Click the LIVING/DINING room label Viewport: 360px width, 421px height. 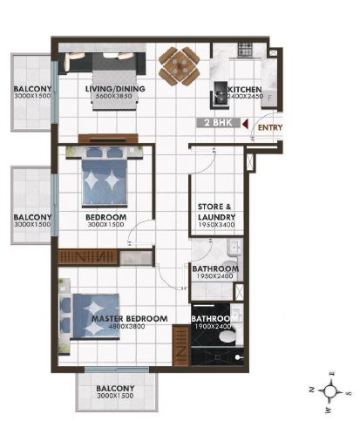click(x=114, y=88)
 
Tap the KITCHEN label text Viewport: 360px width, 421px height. click(x=243, y=89)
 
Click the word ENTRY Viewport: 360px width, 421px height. click(x=271, y=128)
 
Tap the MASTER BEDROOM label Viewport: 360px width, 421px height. click(x=129, y=318)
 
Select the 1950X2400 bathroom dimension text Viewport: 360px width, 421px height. click(x=215, y=276)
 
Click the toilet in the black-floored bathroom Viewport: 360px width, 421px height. click(x=228, y=336)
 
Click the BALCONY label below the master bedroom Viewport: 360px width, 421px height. click(x=115, y=389)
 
